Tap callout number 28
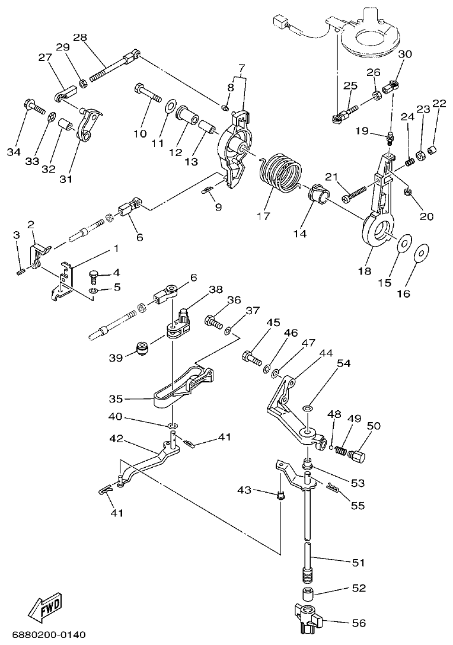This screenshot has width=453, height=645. click(80, 37)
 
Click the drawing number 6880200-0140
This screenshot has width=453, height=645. click(44, 635)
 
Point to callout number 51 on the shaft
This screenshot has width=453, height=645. click(359, 561)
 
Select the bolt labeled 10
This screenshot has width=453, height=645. click(148, 94)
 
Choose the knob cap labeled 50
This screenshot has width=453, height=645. click(358, 457)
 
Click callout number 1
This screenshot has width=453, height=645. click(116, 248)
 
